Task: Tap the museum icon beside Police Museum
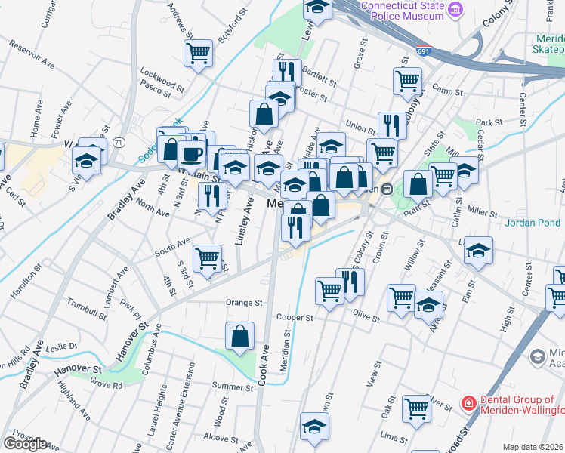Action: coord(455,9)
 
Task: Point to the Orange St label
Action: coord(244,303)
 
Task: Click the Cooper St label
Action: coord(295,318)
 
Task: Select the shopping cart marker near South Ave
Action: coord(207,258)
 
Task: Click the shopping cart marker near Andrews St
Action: coord(198,53)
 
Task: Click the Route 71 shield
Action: coord(119,142)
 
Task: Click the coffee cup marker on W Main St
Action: coord(192,154)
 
